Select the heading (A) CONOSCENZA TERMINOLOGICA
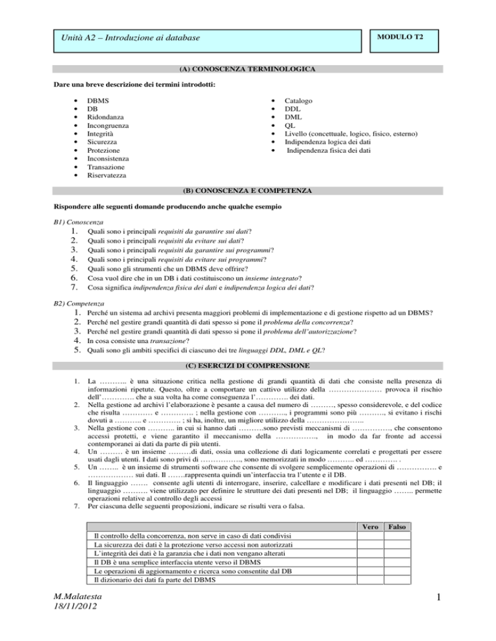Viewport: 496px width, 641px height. [247, 68]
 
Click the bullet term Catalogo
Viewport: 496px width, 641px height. [299, 101]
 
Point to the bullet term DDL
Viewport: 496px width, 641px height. [293, 110]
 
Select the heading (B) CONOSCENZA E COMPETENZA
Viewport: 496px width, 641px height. [247, 191]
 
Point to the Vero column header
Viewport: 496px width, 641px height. [370, 528]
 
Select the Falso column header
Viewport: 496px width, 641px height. [397, 528]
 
